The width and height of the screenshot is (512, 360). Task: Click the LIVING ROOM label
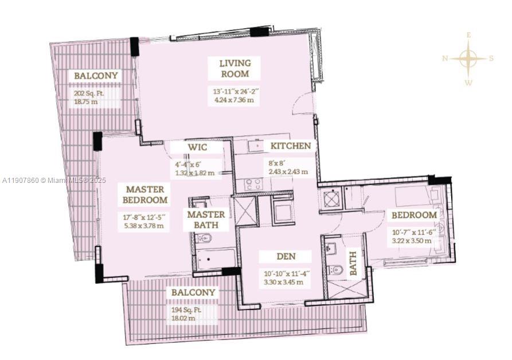pyautogui.click(x=234, y=68)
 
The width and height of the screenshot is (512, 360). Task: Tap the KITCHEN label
pyautogui.click(x=291, y=146)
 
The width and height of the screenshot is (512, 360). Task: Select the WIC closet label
pyautogui.click(x=197, y=148)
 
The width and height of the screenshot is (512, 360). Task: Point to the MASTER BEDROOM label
pyautogui.click(x=145, y=194)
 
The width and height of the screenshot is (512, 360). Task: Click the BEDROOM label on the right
pyautogui.click(x=414, y=215)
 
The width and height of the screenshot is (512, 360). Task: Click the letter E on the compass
pyautogui.click(x=468, y=35)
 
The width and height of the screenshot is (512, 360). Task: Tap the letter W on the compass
pyautogui.click(x=468, y=83)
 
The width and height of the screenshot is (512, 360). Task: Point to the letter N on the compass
pyautogui.click(x=445, y=58)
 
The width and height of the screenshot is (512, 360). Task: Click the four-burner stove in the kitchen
pyautogui.click(x=253, y=185)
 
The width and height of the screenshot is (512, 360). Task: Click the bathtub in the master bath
pyautogui.click(x=214, y=259)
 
